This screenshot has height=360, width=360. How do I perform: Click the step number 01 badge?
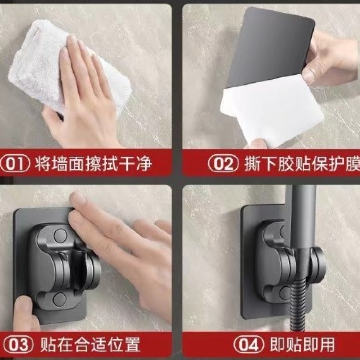point(15,164)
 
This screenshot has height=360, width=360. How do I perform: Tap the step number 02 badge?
point(223,164)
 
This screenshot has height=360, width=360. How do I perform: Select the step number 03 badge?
point(19,344)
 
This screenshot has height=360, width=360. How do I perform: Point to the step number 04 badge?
point(249,344)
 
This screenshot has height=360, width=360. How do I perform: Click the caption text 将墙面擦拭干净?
point(93,164)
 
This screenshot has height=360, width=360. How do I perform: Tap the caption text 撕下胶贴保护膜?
point(302,164)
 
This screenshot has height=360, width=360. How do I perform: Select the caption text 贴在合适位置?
point(90,344)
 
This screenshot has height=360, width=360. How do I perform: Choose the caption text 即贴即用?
point(302,344)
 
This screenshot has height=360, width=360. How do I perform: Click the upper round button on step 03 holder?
point(60,236)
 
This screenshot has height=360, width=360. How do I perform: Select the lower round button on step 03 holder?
point(60,299)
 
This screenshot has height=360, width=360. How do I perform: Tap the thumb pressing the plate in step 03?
point(24,312)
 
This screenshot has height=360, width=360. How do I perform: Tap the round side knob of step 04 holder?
point(318,262)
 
